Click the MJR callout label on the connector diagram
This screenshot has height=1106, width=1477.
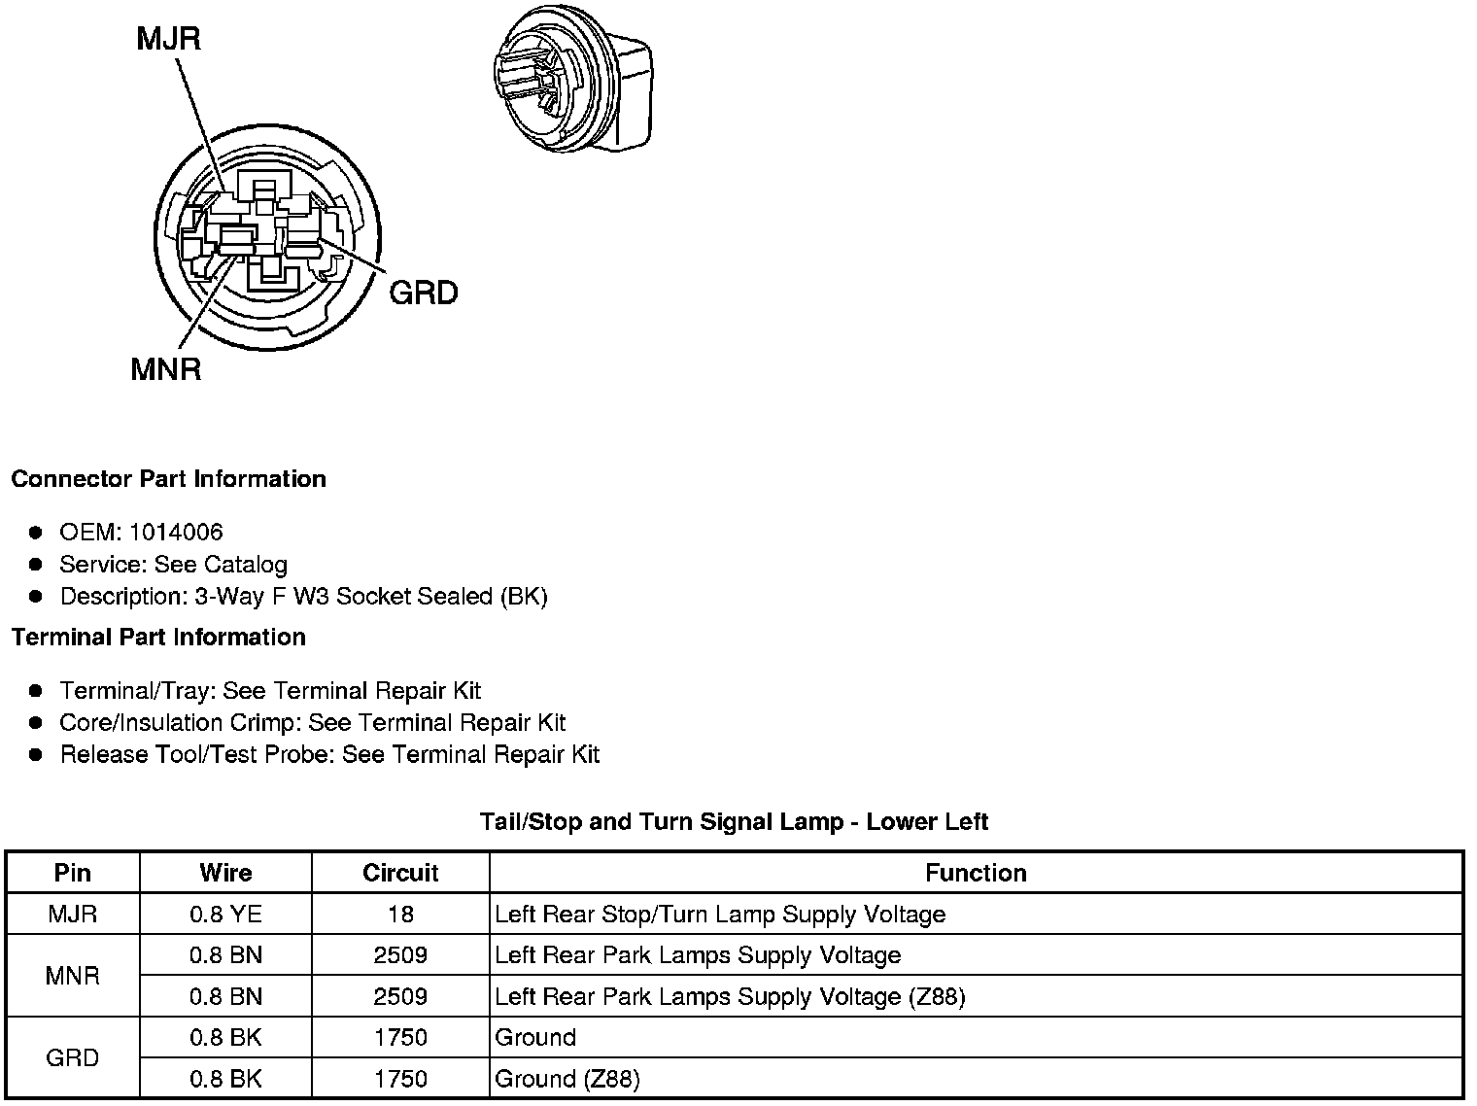click(168, 39)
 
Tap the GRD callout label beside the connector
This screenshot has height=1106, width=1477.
click(423, 293)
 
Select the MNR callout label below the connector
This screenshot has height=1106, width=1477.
click(166, 369)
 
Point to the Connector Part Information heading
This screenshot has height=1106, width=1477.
click(168, 479)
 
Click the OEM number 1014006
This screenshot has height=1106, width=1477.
click(176, 532)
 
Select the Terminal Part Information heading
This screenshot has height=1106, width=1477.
click(158, 637)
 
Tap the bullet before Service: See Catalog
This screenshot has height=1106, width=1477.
click(36, 565)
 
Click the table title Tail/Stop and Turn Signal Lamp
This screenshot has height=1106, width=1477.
click(734, 822)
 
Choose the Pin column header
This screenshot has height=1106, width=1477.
click(73, 873)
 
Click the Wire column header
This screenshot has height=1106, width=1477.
click(225, 873)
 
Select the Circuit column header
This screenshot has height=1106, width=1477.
click(400, 873)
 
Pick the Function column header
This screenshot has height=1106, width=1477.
click(976, 873)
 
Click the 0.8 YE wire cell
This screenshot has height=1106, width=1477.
click(225, 915)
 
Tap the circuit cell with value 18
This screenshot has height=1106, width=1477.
click(400, 915)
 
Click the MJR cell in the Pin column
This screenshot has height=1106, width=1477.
click(73, 915)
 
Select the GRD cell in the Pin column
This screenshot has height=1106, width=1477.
click(73, 1057)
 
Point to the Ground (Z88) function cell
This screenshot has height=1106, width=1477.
click(567, 1079)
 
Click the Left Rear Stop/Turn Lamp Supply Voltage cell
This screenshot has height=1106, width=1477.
click(720, 915)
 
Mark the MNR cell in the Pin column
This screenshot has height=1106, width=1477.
click(73, 976)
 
